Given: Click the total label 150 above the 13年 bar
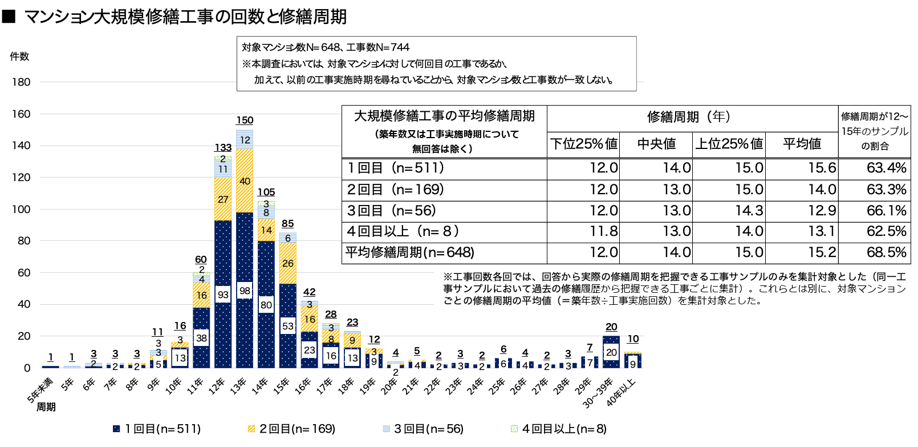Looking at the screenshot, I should [245, 120].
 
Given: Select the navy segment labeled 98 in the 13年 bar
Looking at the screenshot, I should [245, 291].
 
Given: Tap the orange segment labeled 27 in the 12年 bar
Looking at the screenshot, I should [223, 199].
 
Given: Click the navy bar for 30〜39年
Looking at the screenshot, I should [611, 352].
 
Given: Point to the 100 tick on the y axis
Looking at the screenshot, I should [21, 210].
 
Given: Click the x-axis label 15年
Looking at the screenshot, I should [282, 386].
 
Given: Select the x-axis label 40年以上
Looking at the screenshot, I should [622, 392].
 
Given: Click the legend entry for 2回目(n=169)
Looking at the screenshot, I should [291, 429].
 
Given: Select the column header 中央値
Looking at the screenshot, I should [656, 144].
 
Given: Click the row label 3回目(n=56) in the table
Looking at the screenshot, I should [392, 211].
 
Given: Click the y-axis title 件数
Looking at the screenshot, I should [19, 57].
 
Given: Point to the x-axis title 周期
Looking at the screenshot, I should [46, 407].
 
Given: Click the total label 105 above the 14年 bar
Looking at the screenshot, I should [266, 192].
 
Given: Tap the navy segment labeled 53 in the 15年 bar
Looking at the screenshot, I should [288, 326].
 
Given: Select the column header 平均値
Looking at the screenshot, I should [802, 144].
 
